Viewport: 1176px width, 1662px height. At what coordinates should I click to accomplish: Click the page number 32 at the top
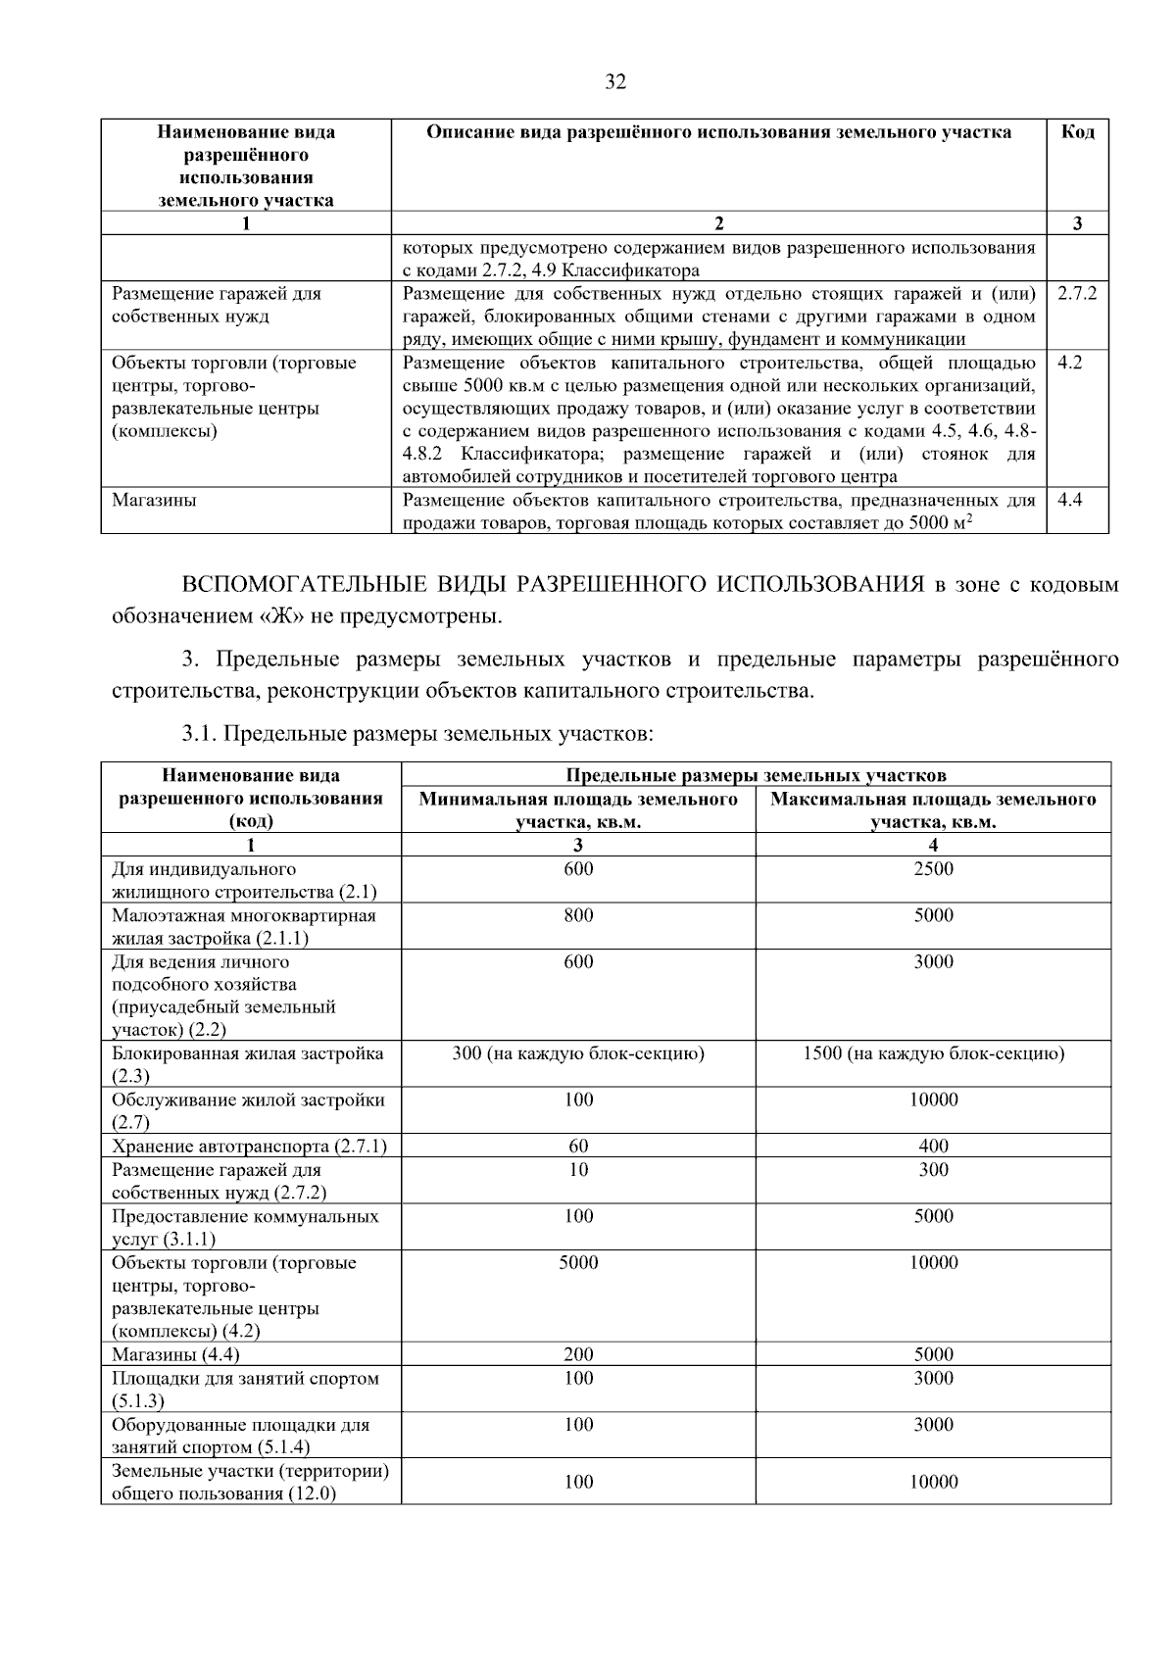614,82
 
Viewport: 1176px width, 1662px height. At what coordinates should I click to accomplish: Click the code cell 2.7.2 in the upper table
1076,294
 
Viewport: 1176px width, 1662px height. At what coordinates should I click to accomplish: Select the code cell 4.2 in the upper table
1069,363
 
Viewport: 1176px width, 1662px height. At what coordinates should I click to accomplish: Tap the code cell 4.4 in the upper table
1069,500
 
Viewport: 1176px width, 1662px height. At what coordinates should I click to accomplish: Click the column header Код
1077,132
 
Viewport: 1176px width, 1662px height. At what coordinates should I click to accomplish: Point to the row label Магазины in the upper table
154,500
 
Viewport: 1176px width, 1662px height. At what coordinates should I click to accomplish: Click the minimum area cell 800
578,915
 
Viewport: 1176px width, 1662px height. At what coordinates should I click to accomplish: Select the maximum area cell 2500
933,869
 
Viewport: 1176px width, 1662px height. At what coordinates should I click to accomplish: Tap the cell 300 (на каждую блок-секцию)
578,1053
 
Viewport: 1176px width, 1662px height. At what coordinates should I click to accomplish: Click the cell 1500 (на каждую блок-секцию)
933,1053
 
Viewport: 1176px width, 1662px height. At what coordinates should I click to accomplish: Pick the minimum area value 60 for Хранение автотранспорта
578,1146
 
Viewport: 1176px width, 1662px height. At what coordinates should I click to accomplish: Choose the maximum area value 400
933,1146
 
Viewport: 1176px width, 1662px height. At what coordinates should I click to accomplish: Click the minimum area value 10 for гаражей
578,1169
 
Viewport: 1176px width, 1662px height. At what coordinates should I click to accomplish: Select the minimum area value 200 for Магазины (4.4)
578,1354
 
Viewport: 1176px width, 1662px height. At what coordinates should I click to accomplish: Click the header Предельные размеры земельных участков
756,775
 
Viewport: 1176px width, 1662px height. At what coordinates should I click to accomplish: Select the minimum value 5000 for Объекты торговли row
578,1262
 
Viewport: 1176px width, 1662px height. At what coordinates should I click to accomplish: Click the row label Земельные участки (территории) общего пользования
250,1482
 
